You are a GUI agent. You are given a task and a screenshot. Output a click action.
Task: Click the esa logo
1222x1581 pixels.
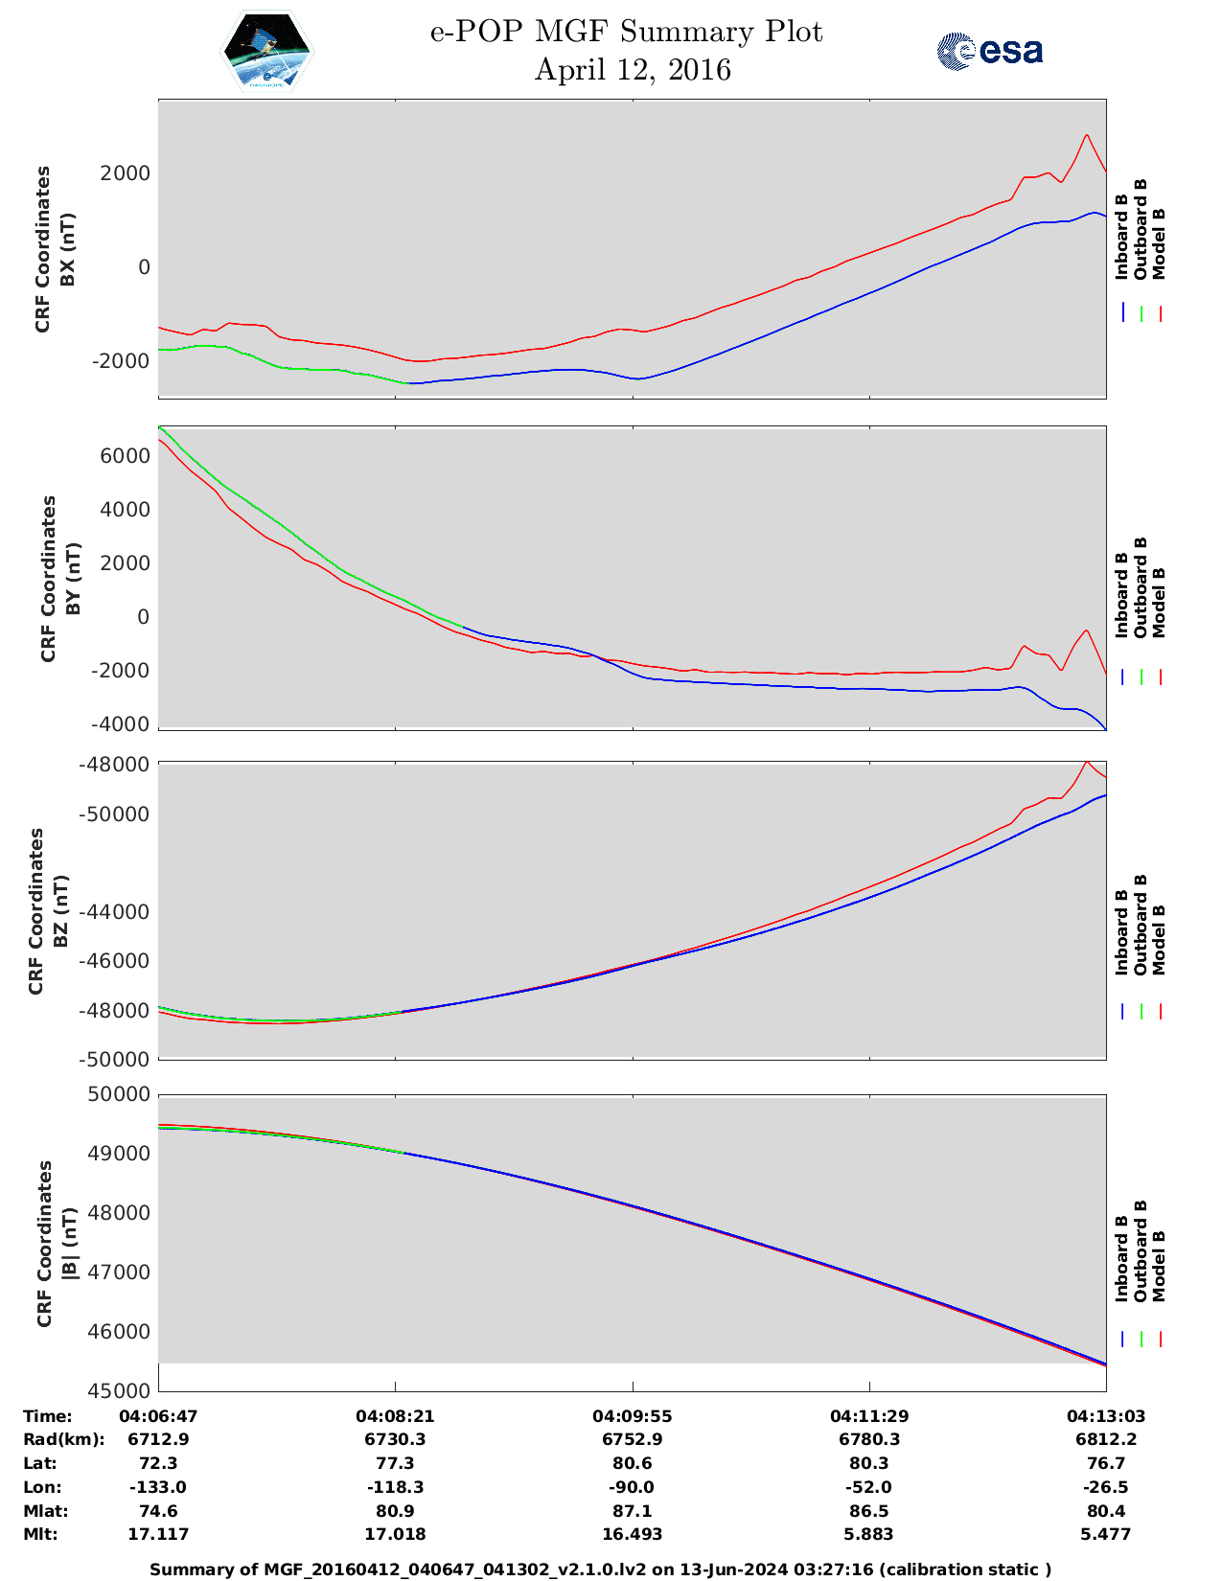[990, 51]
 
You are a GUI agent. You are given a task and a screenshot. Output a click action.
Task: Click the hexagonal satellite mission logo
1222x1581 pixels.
[267, 52]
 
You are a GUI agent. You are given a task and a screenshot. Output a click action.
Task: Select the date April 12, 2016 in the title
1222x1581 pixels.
[632, 70]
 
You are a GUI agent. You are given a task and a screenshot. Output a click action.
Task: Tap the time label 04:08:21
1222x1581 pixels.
[395, 1416]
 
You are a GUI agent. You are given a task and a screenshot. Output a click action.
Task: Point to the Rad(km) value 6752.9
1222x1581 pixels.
[632, 1439]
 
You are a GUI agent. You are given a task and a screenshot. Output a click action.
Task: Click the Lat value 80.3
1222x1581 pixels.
[868, 1463]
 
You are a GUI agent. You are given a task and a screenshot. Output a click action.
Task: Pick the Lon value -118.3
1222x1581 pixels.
[395, 1487]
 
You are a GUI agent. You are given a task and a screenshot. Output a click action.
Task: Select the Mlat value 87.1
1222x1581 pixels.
[632, 1511]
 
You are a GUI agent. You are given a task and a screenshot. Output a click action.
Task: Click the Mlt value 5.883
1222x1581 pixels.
[868, 1534]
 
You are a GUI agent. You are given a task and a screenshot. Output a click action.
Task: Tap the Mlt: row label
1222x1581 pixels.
[40, 1534]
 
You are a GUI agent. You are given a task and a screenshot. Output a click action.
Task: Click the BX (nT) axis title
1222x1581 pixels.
[66, 249]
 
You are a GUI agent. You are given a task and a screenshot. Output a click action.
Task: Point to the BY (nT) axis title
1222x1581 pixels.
[72, 579]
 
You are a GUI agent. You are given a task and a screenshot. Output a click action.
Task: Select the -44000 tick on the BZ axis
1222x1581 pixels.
[120, 912]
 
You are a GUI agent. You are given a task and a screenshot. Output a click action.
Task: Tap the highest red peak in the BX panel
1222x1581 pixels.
[1086, 135]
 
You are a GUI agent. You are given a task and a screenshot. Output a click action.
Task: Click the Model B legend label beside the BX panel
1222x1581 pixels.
[1159, 243]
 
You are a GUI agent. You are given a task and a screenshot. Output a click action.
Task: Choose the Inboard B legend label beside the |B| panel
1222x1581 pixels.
[1121, 1258]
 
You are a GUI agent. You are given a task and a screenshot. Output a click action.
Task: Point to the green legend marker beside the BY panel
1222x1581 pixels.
[1141, 677]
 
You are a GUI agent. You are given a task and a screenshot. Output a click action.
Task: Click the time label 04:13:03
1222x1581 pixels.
[1106, 1416]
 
